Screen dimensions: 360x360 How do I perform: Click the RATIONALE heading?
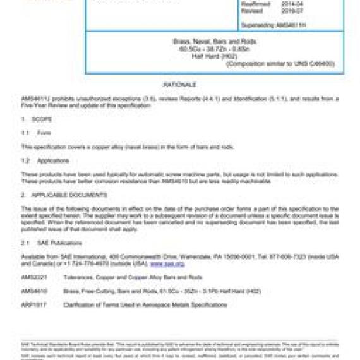[179, 84]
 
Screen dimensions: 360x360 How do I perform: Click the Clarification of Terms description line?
[145, 305]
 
